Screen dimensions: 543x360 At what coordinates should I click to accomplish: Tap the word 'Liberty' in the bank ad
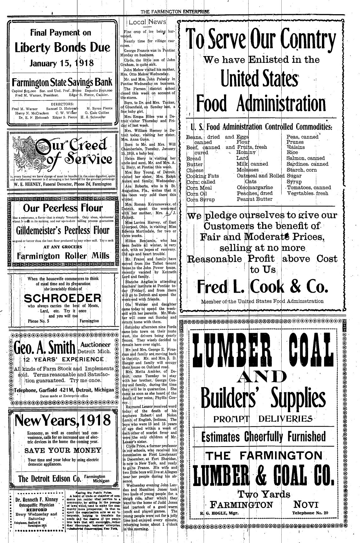coord(34,48)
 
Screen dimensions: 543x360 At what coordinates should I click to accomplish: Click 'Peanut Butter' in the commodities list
coord(255,199)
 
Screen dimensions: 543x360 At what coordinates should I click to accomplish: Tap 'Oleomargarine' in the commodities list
coord(255,188)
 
